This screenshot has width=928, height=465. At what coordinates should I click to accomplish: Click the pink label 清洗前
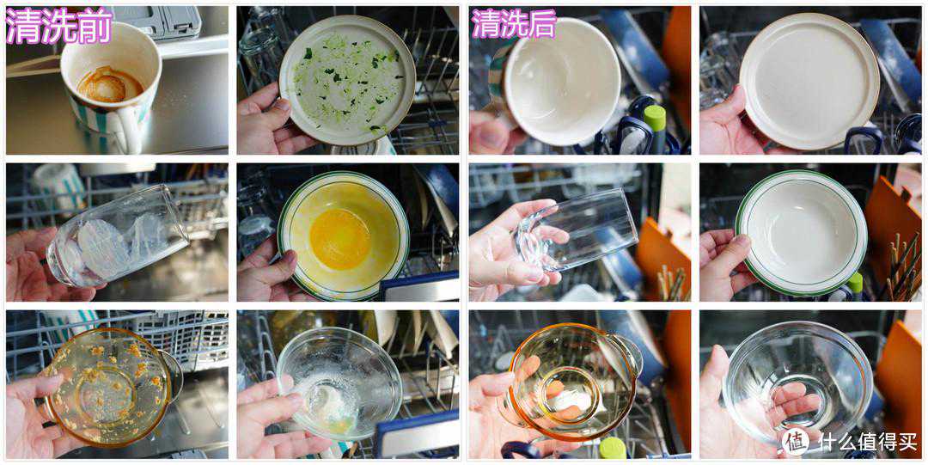pos(58,26)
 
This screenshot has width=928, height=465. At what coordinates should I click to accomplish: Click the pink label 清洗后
pos(514,24)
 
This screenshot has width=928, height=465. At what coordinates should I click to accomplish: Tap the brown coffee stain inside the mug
pos(110,84)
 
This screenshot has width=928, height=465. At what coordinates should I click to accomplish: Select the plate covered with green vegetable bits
pos(347,80)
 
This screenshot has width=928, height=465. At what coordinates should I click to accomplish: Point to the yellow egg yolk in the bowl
pos(339,239)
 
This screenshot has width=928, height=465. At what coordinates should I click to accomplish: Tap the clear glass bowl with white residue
pos(339,383)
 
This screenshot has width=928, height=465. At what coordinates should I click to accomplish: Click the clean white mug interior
pos(562,81)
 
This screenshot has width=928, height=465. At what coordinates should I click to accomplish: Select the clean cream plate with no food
pos(809,81)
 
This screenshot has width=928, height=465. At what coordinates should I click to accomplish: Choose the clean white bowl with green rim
pos(802,233)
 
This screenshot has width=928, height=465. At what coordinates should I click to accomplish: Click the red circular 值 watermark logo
pos(795,441)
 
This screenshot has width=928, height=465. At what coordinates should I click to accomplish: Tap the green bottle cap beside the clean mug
pos(655,119)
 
